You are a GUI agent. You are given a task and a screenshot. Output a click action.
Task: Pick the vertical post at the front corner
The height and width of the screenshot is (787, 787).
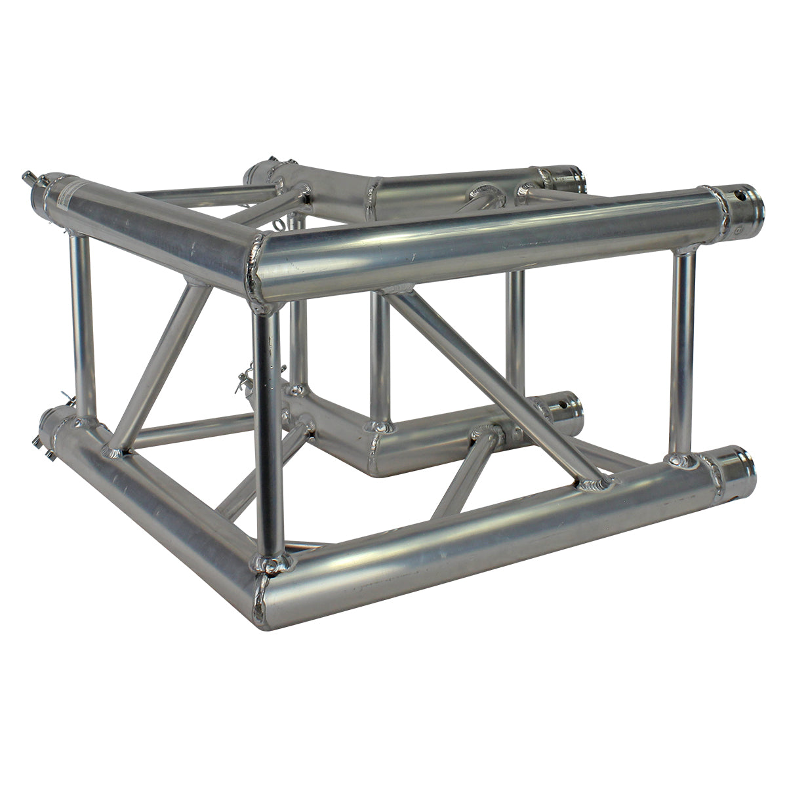coord(269,433)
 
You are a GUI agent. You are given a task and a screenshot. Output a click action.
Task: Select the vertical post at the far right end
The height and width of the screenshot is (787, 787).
coord(683,354)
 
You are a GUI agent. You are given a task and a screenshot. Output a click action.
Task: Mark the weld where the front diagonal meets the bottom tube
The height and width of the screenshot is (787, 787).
coord(595,485)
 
